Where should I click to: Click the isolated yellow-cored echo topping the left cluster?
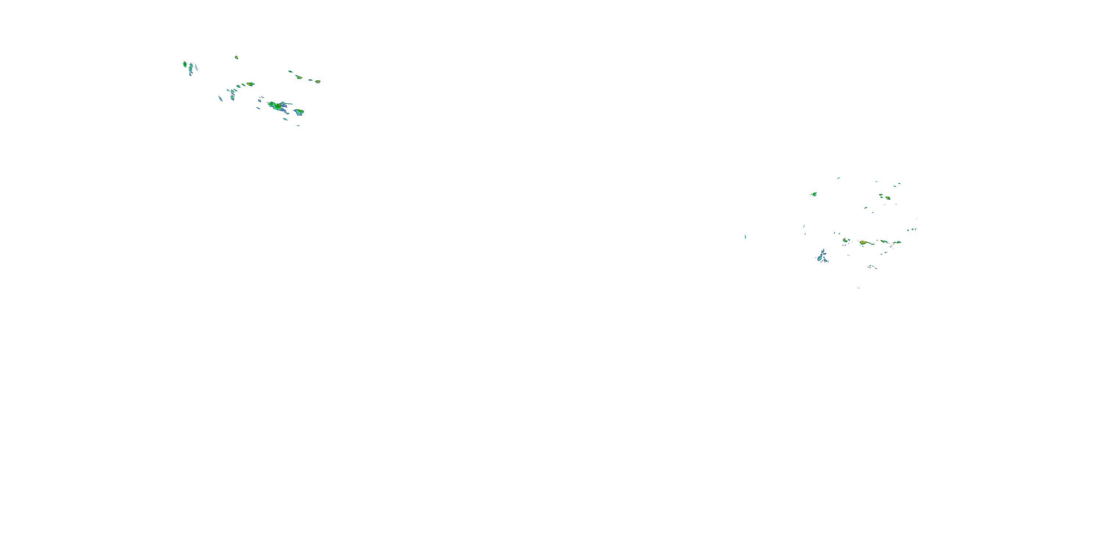(236, 57)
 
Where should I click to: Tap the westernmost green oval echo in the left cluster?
(185, 64)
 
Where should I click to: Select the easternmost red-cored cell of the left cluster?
(318, 81)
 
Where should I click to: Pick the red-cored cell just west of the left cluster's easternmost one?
(299, 78)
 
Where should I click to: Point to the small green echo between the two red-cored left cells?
(310, 80)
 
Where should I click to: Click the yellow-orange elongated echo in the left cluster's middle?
(250, 84)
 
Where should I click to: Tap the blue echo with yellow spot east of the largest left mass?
(299, 112)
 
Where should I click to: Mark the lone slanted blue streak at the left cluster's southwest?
(221, 99)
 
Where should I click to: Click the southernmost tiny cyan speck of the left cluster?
(298, 125)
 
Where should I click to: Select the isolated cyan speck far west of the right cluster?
(746, 237)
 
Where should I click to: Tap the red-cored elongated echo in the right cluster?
(863, 243)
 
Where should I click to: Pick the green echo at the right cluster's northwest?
(814, 194)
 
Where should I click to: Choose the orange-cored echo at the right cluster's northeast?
(888, 198)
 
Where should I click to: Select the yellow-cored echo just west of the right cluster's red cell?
(846, 240)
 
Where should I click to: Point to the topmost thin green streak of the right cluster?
(838, 178)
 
